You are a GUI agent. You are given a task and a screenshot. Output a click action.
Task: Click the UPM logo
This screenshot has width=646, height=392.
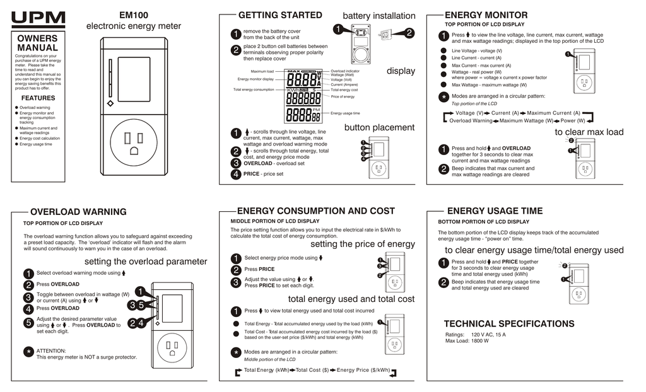38,20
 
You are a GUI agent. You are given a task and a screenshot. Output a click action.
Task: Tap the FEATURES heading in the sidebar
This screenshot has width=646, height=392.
38,98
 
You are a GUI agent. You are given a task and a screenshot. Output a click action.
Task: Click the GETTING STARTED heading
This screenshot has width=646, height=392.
280,15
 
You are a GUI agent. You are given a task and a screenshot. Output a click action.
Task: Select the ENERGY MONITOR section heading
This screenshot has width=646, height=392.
486,15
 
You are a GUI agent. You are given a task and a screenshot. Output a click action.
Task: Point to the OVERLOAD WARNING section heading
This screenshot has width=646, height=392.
78,212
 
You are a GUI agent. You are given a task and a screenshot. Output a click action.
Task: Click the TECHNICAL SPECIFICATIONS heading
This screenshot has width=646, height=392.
508,324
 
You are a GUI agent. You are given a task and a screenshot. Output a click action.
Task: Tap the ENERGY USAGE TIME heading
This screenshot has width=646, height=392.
495,211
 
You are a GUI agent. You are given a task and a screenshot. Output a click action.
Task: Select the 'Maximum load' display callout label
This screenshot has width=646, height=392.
262,72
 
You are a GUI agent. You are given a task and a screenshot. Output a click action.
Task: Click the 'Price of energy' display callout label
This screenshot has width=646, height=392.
343,96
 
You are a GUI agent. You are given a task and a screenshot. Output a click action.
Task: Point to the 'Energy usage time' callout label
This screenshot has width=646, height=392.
345,113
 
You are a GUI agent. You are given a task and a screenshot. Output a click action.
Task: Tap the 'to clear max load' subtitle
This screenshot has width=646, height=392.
589,132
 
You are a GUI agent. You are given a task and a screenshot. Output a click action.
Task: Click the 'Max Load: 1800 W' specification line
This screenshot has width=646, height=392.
467,341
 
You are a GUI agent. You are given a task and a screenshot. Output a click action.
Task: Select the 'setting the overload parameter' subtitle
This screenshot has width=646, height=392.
145,262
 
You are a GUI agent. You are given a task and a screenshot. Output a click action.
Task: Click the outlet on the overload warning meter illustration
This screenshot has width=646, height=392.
172,347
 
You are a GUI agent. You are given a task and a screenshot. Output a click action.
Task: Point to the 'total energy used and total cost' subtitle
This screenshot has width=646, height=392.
351,299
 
